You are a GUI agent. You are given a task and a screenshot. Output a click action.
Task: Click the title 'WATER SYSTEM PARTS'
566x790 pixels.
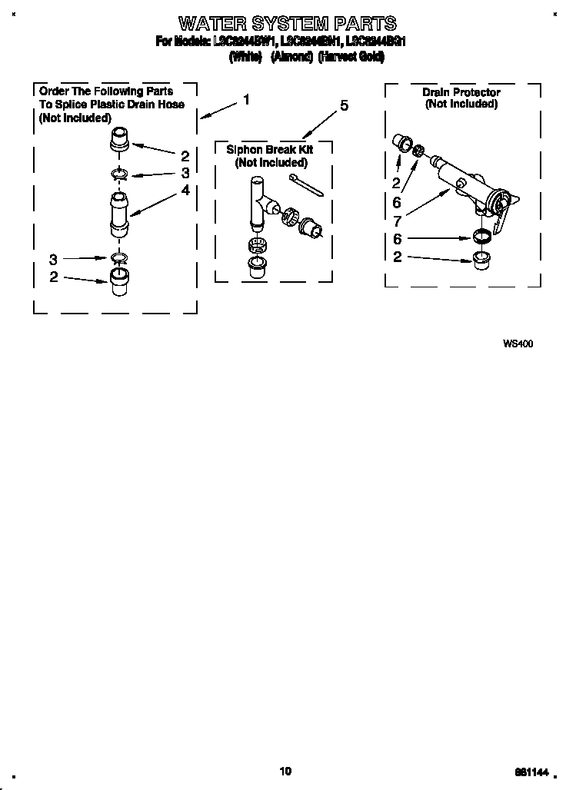coord(287,22)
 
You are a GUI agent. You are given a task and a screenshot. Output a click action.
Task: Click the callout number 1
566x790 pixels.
coord(246,99)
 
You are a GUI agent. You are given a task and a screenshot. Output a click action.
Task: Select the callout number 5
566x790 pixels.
coord(344,106)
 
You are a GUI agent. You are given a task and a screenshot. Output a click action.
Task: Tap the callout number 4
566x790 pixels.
coord(185,190)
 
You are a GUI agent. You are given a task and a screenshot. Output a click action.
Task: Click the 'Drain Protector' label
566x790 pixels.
coord(461,92)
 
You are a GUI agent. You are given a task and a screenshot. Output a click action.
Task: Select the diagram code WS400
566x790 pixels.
coord(518,344)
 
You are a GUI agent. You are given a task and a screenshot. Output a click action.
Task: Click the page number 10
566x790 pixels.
coord(285,772)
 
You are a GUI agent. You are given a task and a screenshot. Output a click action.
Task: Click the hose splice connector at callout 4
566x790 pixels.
coord(119,216)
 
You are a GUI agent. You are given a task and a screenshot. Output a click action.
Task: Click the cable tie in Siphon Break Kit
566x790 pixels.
coord(305,185)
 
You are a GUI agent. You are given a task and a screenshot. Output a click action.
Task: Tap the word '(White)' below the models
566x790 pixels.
coord(246,57)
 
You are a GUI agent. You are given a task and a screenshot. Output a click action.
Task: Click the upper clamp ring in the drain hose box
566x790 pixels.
coord(119,173)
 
